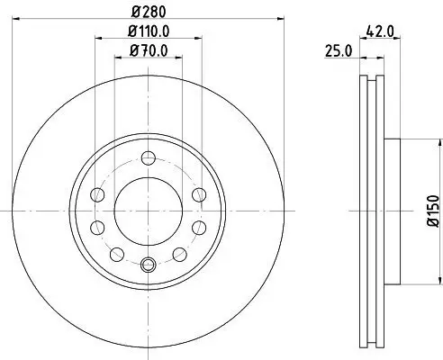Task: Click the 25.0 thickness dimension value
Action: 338,53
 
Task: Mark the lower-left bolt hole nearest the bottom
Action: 117,254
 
